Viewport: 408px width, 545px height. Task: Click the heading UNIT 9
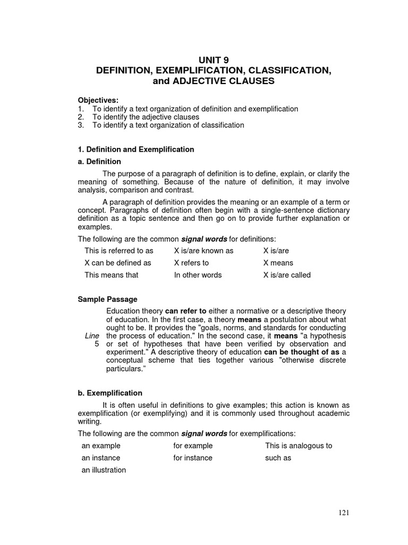coord(214,60)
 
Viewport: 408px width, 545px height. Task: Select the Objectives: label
coord(99,101)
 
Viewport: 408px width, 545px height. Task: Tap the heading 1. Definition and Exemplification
coord(136,150)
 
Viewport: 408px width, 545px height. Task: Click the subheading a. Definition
coord(99,161)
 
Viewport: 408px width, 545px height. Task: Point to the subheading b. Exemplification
coord(110,393)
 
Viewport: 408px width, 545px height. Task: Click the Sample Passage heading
coord(107,300)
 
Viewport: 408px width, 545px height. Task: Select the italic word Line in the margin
coord(92,336)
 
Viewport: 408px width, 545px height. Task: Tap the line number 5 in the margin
coord(97,344)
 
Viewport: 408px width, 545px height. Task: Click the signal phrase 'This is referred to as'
coord(119,251)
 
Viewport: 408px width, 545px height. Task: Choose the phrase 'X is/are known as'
coord(203,251)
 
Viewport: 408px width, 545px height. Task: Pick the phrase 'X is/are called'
coord(287,275)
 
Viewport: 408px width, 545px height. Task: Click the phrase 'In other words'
coord(198,275)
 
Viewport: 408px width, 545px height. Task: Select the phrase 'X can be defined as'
coord(118,263)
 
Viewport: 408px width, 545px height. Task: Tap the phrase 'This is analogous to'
coord(299,445)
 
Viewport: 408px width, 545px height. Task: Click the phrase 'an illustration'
coord(104,470)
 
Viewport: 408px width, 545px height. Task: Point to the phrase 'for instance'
coord(192,458)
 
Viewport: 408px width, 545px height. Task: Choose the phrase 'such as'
coord(278,458)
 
